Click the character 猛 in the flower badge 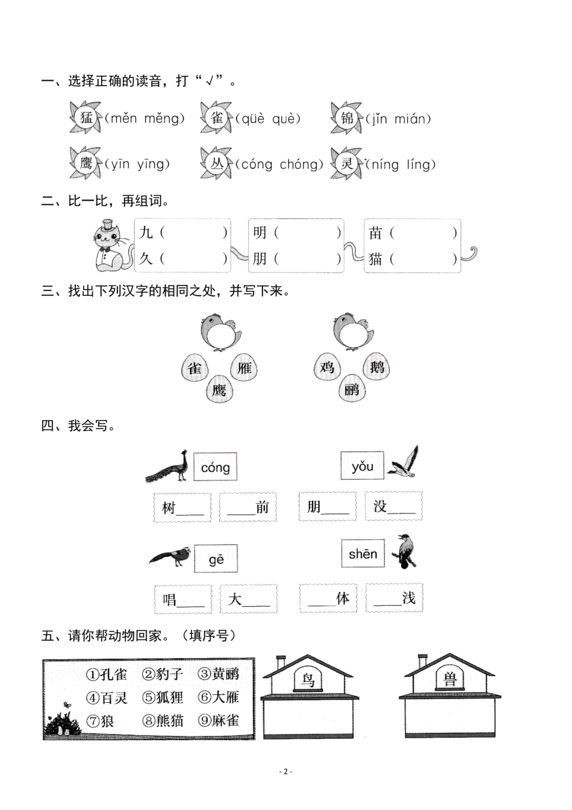(x=86, y=118)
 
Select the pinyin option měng (x=163, y=119)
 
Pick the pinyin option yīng (x=152, y=164)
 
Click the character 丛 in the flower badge (x=217, y=164)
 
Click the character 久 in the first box (x=146, y=259)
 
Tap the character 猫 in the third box (x=376, y=259)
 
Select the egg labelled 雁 (x=244, y=368)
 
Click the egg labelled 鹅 (x=377, y=366)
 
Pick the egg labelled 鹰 (x=219, y=390)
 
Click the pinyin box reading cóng (x=215, y=467)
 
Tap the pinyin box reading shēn (x=362, y=554)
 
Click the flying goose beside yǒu (x=403, y=463)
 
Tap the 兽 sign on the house (x=450, y=679)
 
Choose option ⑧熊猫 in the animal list (x=163, y=720)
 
